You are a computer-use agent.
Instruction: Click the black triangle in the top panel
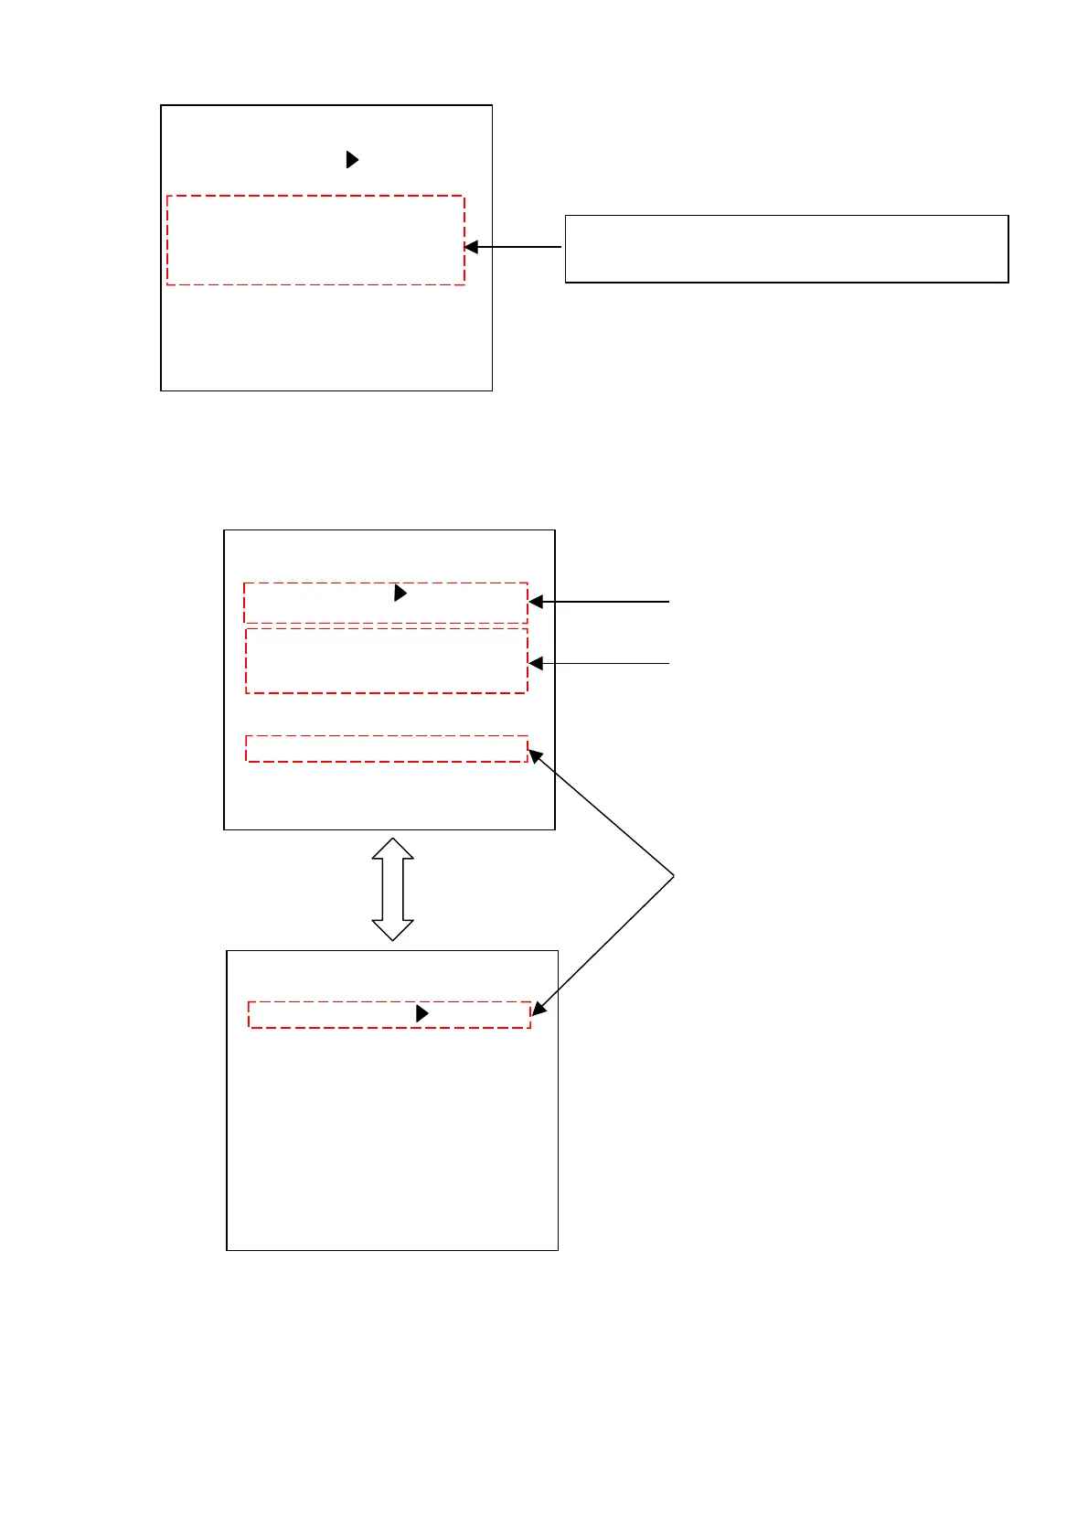click(x=352, y=160)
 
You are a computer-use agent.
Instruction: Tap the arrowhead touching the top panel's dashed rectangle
click(x=472, y=247)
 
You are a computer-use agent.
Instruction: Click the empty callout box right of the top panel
click(x=786, y=249)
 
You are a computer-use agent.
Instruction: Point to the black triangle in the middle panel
click(x=400, y=594)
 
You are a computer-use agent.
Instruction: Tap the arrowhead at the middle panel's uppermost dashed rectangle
click(x=537, y=602)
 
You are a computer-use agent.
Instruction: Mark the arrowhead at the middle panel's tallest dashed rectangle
click(x=537, y=663)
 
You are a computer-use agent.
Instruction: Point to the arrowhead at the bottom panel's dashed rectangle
click(x=539, y=1009)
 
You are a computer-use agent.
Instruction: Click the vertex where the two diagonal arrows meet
click(x=674, y=877)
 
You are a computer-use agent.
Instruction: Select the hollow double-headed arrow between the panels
click(x=392, y=889)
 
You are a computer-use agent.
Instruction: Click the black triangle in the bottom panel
click(x=421, y=1013)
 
